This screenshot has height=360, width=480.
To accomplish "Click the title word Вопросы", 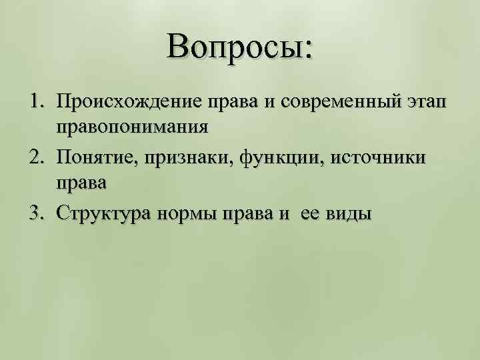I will tap(239, 48).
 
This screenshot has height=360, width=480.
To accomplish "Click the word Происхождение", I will tap(123, 102).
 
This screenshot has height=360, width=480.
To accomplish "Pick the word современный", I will tap(341, 102).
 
